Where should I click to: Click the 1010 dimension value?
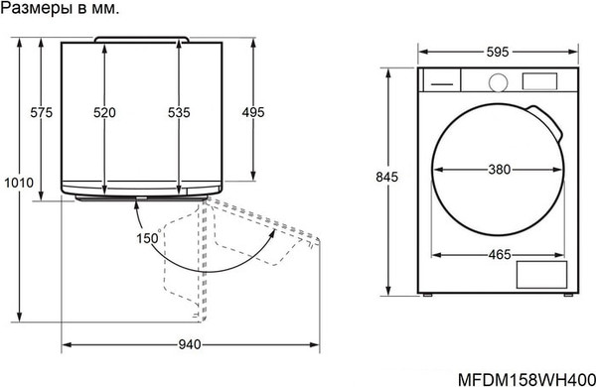[x=19, y=183]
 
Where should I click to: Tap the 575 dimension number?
[x=41, y=112]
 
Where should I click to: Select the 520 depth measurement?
[x=104, y=112]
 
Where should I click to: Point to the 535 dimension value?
[x=179, y=112]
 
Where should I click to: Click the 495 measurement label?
[x=253, y=112]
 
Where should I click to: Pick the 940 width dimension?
[x=190, y=344]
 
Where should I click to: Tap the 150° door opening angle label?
[x=148, y=238]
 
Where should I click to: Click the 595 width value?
[x=498, y=52]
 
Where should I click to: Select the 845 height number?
[x=387, y=177]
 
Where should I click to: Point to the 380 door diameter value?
[x=499, y=170]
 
